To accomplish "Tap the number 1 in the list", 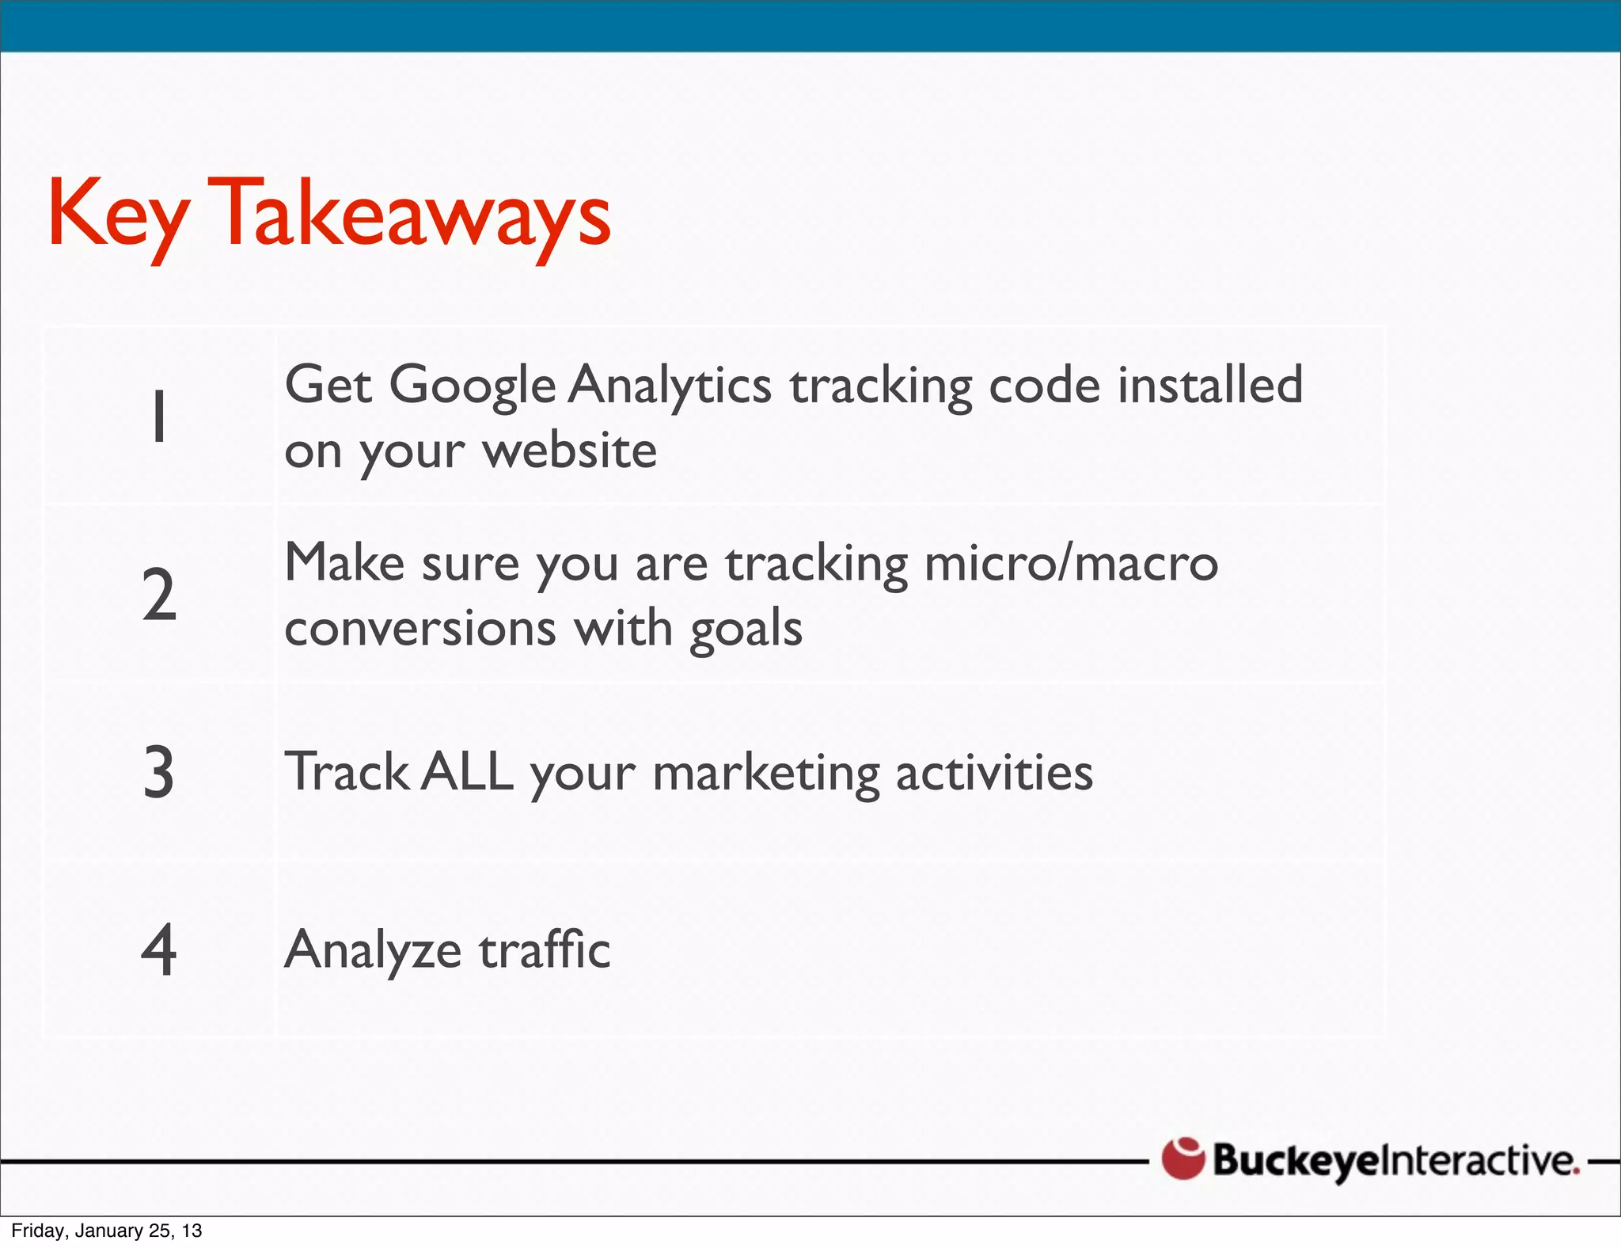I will tap(159, 416).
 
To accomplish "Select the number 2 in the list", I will tap(159, 595).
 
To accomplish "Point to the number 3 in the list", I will tap(159, 772).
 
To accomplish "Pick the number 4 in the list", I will tap(159, 949).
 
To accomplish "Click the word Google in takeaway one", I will tap(473, 387).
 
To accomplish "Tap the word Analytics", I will tap(670, 387).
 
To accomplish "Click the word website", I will tap(570, 451).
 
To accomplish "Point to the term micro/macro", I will tap(1071, 563).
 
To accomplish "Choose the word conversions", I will tap(420, 629).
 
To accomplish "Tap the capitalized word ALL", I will tap(468, 772).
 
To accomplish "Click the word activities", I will tap(994, 773).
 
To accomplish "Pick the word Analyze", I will tap(373, 951).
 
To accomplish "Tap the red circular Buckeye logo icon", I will tap(1183, 1159).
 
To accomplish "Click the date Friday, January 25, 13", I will tap(107, 1231).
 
